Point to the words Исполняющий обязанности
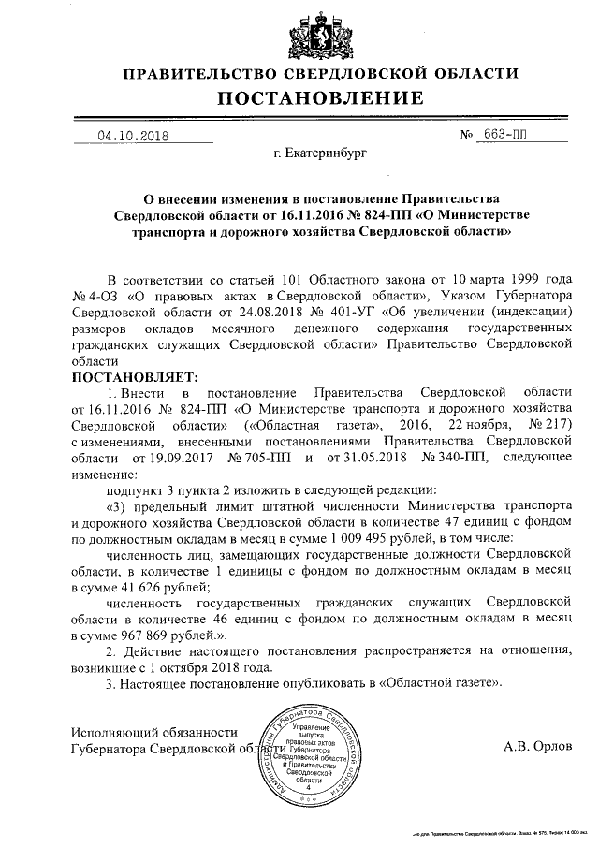[154, 731]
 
